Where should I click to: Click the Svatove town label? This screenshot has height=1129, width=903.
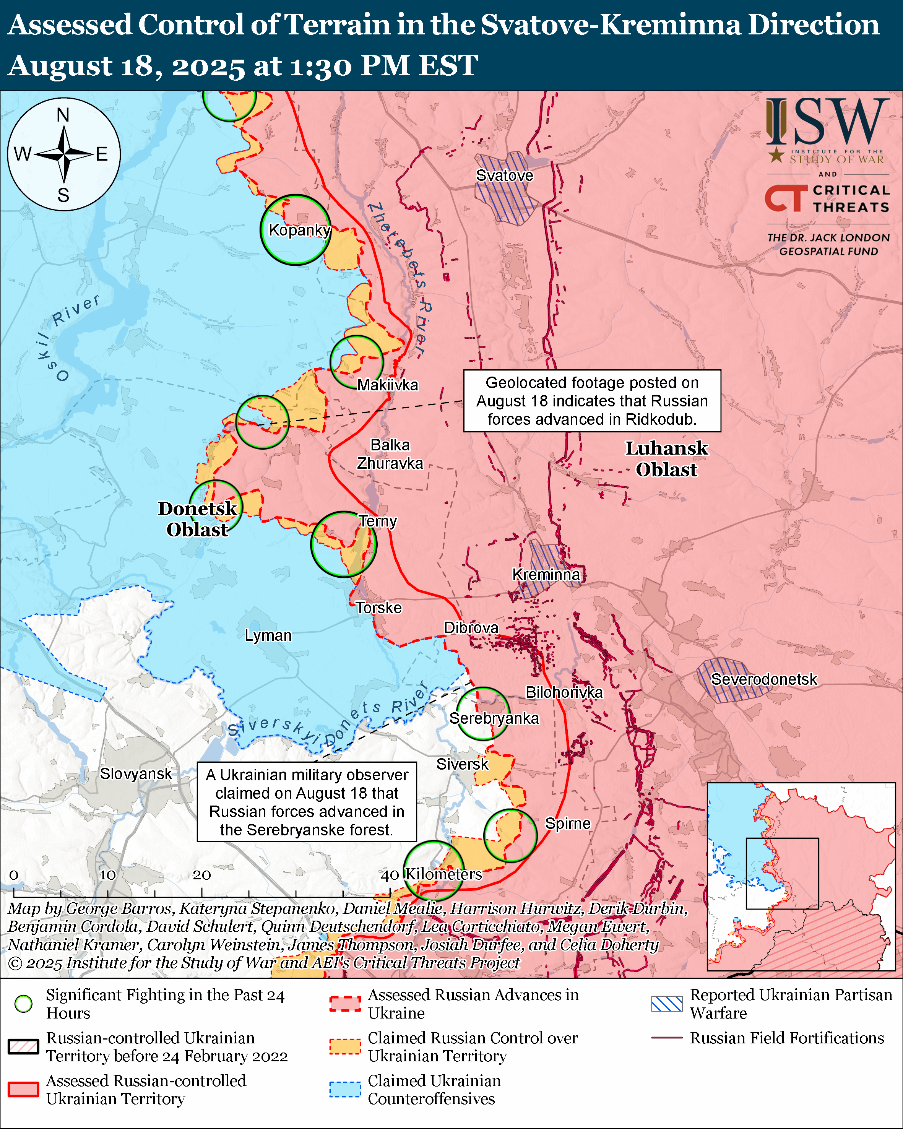coord(504,175)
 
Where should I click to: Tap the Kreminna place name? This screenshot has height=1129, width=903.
coord(546,575)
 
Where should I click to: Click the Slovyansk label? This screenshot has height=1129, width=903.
coord(136,773)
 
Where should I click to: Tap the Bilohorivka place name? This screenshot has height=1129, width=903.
coord(564,692)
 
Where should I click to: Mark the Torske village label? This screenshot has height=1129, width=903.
coord(378,608)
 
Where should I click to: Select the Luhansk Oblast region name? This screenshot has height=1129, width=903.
coord(666,459)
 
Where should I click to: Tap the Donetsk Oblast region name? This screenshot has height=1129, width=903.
coord(197,519)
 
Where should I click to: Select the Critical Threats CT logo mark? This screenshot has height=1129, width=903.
coord(786,198)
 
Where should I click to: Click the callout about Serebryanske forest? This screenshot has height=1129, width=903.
coord(307,802)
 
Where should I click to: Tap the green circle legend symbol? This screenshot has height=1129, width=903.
coord(24,1004)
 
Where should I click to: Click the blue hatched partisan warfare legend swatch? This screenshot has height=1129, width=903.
coord(666,1004)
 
